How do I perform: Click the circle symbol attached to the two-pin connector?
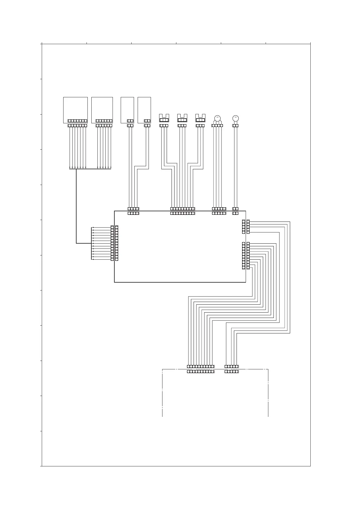(x=235, y=118)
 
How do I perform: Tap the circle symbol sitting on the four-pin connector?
(x=217, y=118)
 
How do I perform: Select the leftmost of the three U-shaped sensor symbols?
(x=164, y=118)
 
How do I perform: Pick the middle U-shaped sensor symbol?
(x=182, y=118)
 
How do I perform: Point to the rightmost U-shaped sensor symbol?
(x=200, y=118)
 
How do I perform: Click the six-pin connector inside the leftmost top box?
(x=77, y=121)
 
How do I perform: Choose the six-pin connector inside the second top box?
(x=104, y=121)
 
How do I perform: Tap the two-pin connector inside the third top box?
(x=130, y=121)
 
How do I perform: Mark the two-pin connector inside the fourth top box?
(x=147, y=121)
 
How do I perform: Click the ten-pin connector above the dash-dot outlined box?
(x=201, y=371)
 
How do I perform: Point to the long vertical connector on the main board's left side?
(x=117, y=243)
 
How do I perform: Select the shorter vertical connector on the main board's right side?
(x=244, y=227)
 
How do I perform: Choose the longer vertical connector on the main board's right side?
(x=244, y=256)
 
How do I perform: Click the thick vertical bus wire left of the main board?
(x=76, y=206)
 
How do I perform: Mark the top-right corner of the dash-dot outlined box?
(x=268, y=369)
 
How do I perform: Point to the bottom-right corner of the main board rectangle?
(x=246, y=282)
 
